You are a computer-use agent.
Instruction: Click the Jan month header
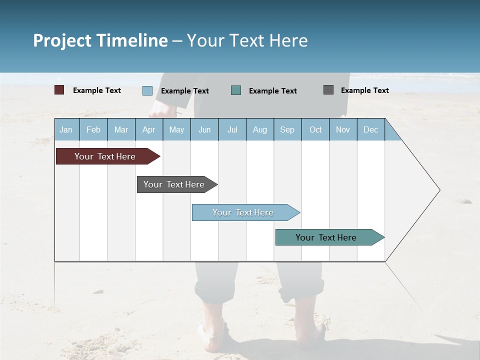66,129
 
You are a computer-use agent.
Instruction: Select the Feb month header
93,129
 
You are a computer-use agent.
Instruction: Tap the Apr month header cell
148,129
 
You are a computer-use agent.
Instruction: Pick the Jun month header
204,129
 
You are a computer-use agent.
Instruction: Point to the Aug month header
259,129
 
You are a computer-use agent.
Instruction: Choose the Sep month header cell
287,129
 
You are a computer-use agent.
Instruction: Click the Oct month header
315,129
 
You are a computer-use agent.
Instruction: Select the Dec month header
370,129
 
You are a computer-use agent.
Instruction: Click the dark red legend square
59,90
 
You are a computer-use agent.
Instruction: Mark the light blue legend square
147,90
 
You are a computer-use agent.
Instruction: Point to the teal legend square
236,90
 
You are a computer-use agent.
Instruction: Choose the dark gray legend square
328,90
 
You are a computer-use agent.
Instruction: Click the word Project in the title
62,40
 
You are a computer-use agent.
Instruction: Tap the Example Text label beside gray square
364,90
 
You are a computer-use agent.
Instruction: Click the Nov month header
343,129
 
